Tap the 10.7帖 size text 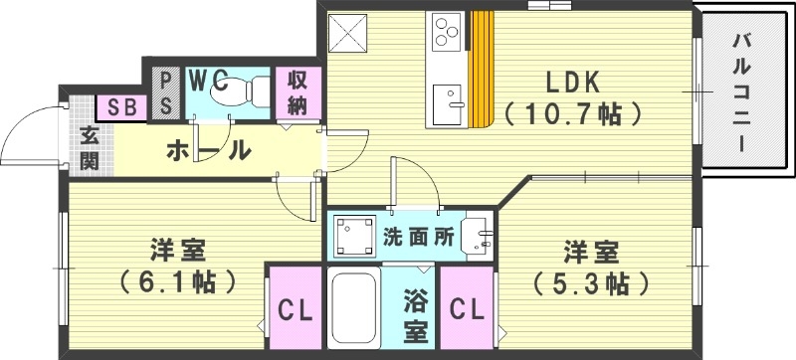pos(570,114)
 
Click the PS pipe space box pos(165,91)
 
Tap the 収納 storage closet pos(298,92)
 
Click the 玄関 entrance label pos(89,148)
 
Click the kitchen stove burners pos(446,30)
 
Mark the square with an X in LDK pos(350,35)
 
